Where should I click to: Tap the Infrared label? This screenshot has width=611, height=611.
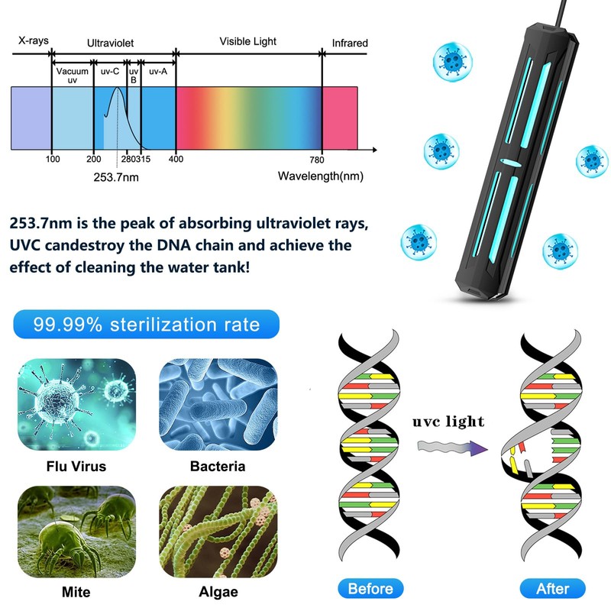coord(349,44)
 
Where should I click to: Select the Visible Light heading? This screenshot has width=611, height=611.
coord(248,41)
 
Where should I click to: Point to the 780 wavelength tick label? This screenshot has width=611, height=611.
coord(317,159)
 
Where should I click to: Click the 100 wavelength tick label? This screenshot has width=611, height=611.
coord(52,159)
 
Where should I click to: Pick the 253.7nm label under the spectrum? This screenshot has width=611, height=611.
coord(116,176)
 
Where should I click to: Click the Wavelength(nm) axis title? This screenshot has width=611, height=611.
coord(320,176)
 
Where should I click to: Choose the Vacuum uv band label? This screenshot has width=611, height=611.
coord(73,75)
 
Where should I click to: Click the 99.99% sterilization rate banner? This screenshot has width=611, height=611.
coord(147,324)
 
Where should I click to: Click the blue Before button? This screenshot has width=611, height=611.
coord(370,588)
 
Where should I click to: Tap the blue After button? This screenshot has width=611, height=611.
coord(552,588)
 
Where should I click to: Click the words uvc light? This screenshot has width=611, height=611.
coord(448,422)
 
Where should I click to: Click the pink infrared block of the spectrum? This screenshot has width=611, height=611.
coord(340,118)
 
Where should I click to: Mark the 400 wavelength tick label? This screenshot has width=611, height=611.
coord(176,159)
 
